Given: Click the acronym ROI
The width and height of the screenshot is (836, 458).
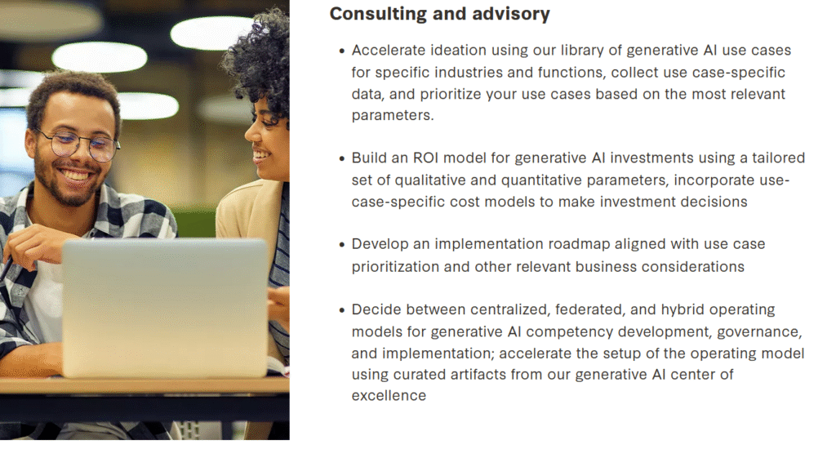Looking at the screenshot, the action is [425, 158].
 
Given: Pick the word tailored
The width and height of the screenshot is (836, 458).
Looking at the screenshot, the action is [778, 158].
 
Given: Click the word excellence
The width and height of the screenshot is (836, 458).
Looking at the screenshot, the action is [389, 396].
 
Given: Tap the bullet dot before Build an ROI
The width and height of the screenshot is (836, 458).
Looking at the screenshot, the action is [342, 159].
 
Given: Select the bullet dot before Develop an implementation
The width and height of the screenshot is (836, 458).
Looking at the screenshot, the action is [342, 245].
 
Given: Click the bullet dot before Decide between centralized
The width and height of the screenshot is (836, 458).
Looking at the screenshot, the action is [342, 310].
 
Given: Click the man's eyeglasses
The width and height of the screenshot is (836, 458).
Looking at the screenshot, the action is [80, 144].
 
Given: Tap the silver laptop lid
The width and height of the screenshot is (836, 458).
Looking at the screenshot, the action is [164, 307].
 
